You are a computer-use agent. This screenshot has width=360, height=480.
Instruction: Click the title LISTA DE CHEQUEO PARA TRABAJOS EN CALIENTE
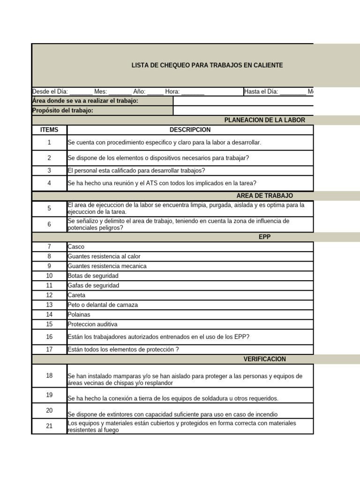[x=207, y=65]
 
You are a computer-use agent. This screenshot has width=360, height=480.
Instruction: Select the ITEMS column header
[x=49, y=130]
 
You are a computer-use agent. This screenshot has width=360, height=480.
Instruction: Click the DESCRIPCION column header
[x=190, y=130]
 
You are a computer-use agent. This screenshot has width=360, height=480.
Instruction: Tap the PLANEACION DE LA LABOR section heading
[x=264, y=120]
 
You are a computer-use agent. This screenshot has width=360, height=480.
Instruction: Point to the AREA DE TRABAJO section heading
[x=265, y=195]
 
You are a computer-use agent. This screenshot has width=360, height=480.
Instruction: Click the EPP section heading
[x=265, y=237]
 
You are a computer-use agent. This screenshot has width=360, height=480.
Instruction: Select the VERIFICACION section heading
[x=264, y=359]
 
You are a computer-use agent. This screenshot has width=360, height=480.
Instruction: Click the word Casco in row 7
[x=76, y=247]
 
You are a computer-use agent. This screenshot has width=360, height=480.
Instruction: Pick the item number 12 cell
[x=49, y=295]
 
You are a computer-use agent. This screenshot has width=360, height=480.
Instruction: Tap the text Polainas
[x=79, y=315]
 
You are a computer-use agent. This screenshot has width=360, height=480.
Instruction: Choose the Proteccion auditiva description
[x=92, y=324]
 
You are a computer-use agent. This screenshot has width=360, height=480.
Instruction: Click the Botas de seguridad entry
[x=93, y=276]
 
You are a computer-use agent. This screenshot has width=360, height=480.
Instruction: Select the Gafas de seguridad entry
[x=93, y=285]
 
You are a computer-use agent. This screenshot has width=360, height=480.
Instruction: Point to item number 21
[x=49, y=426]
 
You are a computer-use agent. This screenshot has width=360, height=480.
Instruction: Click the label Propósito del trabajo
[x=63, y=111]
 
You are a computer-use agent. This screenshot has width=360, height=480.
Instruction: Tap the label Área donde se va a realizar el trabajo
[x=85, y=101]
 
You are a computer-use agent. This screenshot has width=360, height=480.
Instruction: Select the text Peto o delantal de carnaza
[x=103, y=305]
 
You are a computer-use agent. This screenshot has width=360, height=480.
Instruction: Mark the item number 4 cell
[x=49, y=183]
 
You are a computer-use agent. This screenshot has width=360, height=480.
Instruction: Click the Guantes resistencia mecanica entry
[x=107, y=266]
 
